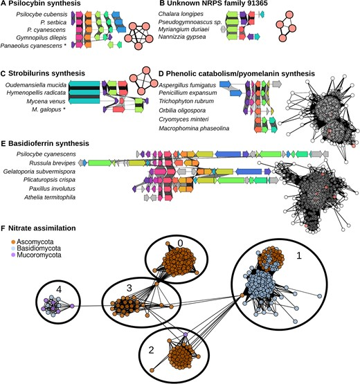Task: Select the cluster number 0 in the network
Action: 179,244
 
